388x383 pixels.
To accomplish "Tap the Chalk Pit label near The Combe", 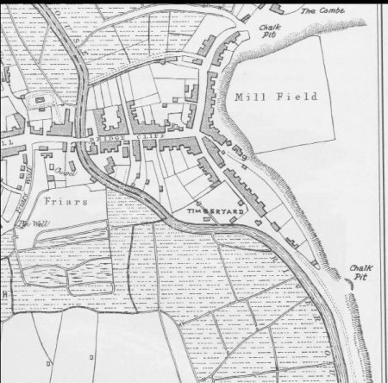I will pyautogui.click(x=268, y=32).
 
